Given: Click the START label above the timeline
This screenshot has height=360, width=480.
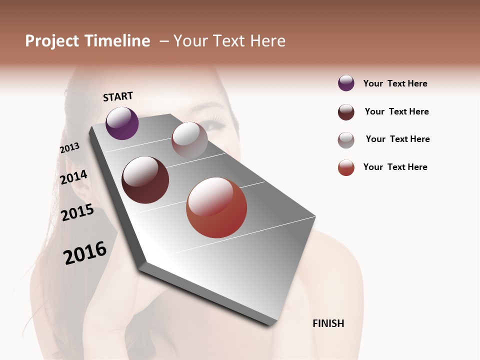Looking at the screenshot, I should (118, 96).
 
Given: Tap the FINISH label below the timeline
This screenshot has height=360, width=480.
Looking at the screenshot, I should (328, 323).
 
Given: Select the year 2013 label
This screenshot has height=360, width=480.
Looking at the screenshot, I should (69, 148).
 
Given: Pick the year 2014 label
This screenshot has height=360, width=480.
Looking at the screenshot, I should (73, 177).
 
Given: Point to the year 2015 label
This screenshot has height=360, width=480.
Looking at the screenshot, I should (77, 212).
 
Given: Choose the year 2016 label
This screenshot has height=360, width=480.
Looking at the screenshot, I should (85, 252).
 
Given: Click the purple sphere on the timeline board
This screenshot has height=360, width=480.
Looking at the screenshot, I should (122, 123).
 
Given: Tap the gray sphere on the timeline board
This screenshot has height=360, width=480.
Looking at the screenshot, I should (189, 140).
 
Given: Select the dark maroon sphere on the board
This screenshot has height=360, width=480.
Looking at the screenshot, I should (145, 180).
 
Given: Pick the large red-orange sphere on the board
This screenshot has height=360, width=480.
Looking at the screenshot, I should (216, 207).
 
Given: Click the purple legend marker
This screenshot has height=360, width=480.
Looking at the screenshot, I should (346, 83).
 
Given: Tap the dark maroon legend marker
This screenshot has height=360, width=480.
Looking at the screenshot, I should (346, 112).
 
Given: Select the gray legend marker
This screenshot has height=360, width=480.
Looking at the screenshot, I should (346, 140).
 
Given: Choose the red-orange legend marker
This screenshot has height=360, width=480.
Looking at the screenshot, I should (346, 167).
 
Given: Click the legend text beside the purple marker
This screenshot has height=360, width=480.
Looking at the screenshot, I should (395, 83).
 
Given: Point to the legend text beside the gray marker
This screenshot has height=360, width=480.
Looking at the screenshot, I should (397, 139).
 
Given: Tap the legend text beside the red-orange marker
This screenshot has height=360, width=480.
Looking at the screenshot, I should (395, 167).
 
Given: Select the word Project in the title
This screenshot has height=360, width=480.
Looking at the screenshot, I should (51, 41).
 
